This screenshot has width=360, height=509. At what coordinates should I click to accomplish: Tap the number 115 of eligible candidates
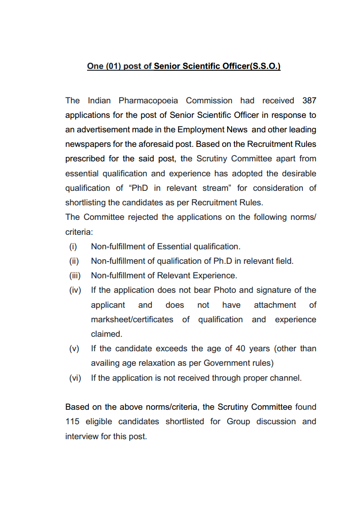tap(72, 422)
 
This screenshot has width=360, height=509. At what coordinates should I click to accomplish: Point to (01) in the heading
tap(113, 66)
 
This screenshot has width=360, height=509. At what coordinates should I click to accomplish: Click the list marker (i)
tap(73, 247)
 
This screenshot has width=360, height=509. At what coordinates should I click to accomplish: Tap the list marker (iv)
tap(74, 290)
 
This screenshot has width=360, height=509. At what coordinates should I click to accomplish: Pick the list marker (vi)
tap(74, 378)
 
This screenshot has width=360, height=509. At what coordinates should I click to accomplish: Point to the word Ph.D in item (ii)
tap(223, 261)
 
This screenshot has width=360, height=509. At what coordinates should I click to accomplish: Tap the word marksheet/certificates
tap(132, 320)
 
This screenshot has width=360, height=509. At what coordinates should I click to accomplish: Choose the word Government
tap(227, 363)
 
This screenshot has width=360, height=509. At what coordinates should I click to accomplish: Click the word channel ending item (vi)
tap(287, 378)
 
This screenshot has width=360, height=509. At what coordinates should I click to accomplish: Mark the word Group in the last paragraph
tap(238, 422)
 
